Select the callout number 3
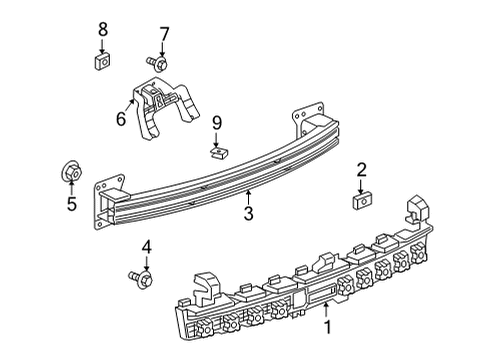(x=248, y=212)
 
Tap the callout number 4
(x=146, y=246)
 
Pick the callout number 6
(x=121, y=118)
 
